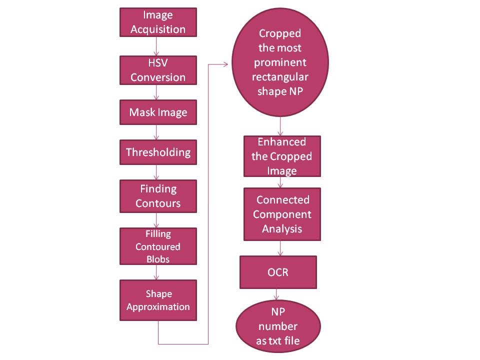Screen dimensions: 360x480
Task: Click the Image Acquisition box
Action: tap(158, 22)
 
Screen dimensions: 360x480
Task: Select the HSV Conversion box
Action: tap(158, 70)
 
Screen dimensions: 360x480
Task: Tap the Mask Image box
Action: tap(158, 112)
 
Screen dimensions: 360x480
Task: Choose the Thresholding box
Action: tap(158, 152)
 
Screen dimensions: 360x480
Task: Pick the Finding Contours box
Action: tap(158, 196)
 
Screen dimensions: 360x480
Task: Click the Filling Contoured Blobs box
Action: tap(158, 246)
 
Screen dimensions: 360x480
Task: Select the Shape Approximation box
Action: tap(158, 300)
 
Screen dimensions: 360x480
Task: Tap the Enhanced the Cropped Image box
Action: tap(282, 156)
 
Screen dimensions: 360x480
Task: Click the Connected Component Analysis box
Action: tap(282, 214)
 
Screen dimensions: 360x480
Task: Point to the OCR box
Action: tap(278, 272)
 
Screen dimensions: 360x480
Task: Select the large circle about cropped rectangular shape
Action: tap(280, 62)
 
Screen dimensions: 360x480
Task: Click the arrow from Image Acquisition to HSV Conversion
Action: tap(158, 46)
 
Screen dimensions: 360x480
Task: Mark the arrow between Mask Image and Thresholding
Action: tap(158, 132)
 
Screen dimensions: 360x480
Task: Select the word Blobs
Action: tap(158, 259)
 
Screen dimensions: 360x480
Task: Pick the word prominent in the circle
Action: tap(280, 63)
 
